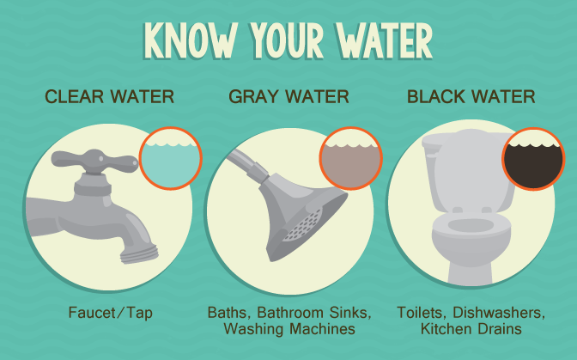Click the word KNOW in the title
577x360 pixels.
pyautogui.click(x=191, y=39)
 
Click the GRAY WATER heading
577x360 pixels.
pyautogui.click(x=288, y=96)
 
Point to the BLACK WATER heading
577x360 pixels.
pyautogui.click(x=471, y=96)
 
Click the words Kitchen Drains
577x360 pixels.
pyautogui.click(x=471, y=329)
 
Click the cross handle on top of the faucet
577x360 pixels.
pyautogui.click(x=94, y=161)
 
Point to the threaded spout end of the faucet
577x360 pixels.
pyautogui.click(x=136, y=247)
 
